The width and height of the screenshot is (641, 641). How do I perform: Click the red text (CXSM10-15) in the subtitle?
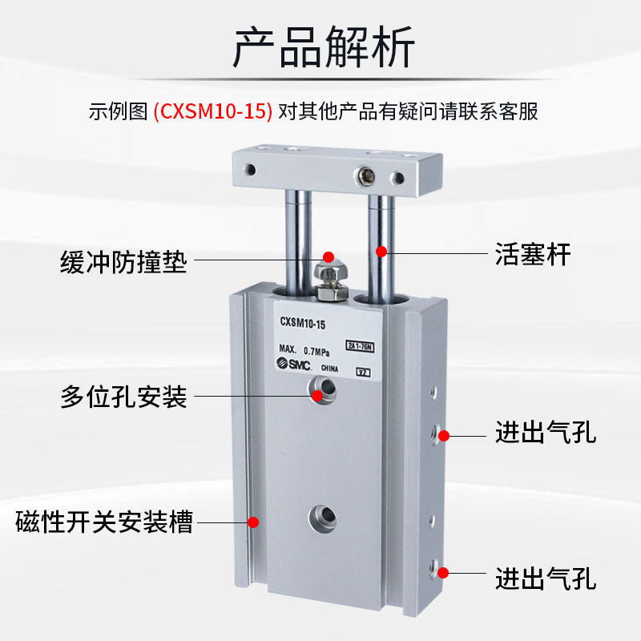coord(212,111)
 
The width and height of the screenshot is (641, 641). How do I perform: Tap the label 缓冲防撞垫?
coord(123,262)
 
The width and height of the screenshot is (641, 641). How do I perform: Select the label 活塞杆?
coord(533,255)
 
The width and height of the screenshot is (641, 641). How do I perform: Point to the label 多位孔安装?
coord(123,396)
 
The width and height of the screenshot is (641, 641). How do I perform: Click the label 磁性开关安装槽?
coord(104,525)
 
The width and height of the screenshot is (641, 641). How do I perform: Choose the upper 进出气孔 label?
coord(545,434)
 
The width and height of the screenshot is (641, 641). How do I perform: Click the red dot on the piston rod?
coord(382,252)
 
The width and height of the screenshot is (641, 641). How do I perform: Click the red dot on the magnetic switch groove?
coord(253,522)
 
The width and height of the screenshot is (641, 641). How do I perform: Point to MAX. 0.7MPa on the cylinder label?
coord(307,349)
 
